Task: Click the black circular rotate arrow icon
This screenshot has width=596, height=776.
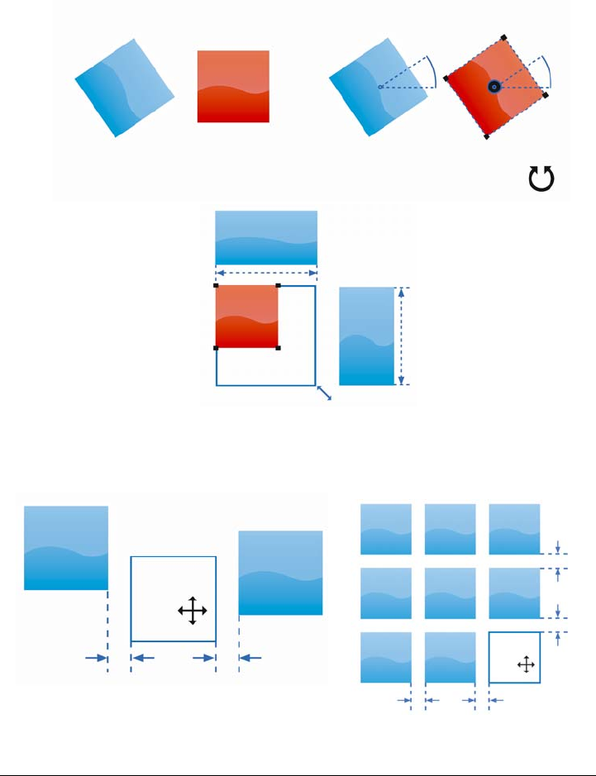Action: pyautogui.click(x=541, y=179)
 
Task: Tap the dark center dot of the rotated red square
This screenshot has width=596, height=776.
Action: pyautogui.click(x=493, y=86)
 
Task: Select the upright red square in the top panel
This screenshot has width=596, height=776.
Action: pyautogui.click(x=233, y=86)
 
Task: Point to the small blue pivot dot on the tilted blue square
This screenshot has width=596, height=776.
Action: pyautogui.click(x=379, y=87)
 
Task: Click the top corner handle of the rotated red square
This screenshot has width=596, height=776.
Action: pyautogui.click(x=503, y=38)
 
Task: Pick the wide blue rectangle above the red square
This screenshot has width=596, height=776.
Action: pyautogui.click(x=266, y=237)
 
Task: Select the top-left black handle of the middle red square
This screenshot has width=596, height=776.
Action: pyautogui.click(x=217, y=286)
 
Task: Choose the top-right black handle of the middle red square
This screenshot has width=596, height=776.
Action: pyautogui.click(x=278, y=286)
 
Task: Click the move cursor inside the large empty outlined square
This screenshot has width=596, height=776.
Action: pyautogui.click(x=192, y=611)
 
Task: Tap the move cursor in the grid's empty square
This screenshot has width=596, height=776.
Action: pyautogui.click(x=524, y=664)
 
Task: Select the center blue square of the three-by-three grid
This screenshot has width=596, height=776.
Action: pyautogui.click(x=450, y=593)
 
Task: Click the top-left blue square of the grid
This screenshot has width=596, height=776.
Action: pyautogui.click(x=386, y=529)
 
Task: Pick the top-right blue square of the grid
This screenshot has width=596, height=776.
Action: pyautogui.click(x=514, y=529)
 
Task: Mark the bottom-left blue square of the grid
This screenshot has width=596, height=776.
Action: pyautogui.click(x=386, y=657)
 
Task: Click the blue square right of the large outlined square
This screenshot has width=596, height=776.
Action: pyautogui.click(x=280, y=573)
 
